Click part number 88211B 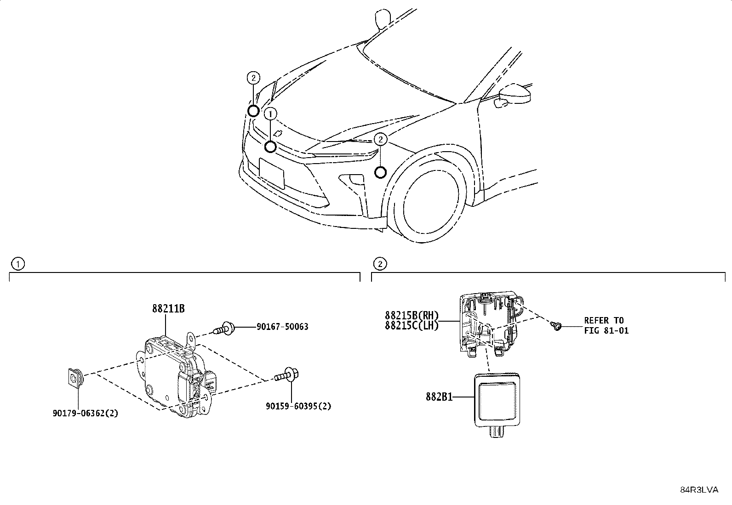click(x=168, y=308)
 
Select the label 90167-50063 click(x=282, y=327)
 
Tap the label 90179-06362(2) click(x=85, y=413)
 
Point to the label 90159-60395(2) click(x=298, y=406)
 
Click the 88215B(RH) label click(x=412, y=316)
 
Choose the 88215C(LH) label click(x=412, y=325)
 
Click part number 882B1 click(x=439, y=397)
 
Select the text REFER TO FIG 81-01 click(x=606, y=325)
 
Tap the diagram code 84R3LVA click(x=699, y=490)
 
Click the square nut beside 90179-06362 click(x=73, y=377)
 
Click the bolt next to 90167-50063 click(x=225, y=328)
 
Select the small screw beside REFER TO click(x=556, y=326)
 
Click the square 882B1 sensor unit click(x=497, y=398)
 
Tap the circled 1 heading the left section click(x=17, y=264)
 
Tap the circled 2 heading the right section click(x=380, y=264)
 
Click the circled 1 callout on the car click(x=271, y=113)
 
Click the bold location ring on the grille click(x=270, y=147)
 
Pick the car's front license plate click(x=272, y=173)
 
